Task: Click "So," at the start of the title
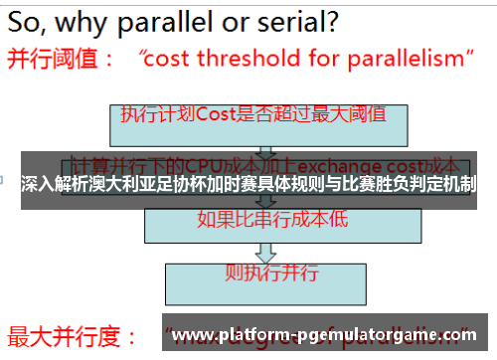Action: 31,20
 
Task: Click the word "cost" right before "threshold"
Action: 171,59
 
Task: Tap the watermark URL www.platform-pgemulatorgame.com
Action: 324,334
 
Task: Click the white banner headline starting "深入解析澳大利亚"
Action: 248,183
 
